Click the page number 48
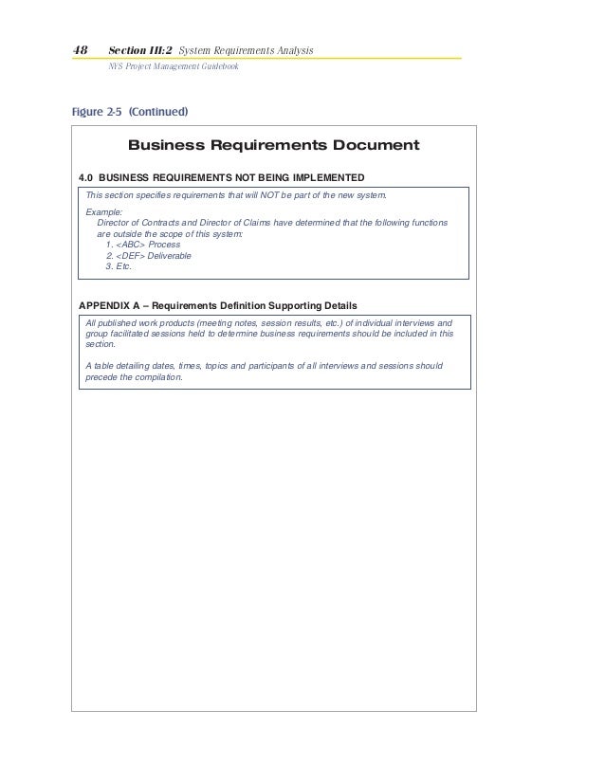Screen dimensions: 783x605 pyautogui.click(x=80, y=49)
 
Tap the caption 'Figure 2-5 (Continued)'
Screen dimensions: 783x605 pyautogui.click(x=129, y=111)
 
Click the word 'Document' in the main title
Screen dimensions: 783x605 pyautogui.click(x=371, y=146)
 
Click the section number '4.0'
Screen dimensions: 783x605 pyautogui.click(x=85, y=177)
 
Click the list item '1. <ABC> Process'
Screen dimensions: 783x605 pyautogui.click(x=143, y=245)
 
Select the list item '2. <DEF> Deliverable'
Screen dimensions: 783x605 pyautogui.click(x=150, y=256)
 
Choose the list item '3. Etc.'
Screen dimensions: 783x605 pyautogui.click(x=119, y=267)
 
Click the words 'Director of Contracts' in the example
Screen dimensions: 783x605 pyautogui.click(x=143, y=223)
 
